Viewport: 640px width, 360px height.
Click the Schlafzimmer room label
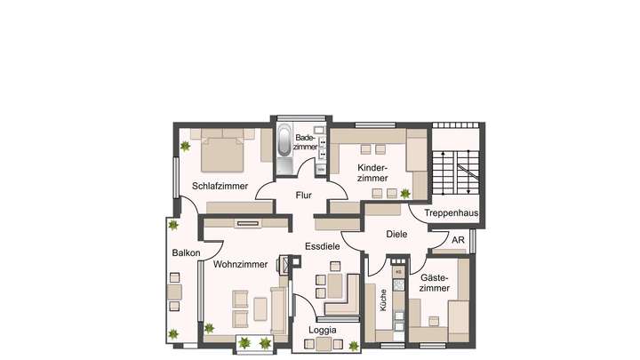pyautogui.click(x=220, y=186)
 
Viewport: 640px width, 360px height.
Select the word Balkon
pyautogui.click(x=186, y=253)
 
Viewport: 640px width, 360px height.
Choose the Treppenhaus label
pyautogui.click(x=452, y=213)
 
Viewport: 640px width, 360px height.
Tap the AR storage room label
pyautogui.click(x=458, y=241)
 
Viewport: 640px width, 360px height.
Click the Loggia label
pyautogui.click(x=322, y=330)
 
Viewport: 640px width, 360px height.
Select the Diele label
pyautogui.click(x=396, y=235)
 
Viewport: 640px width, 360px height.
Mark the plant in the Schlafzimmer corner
pyautogui.click(x=185, y=146)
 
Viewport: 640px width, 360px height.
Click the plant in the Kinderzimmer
pyautogui.click(x=405, y=193)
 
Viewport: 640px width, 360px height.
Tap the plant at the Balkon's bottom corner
pyautogui.click(x=174, y=334)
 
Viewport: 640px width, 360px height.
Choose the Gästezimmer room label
pyautogui.click(x=435, y=282)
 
